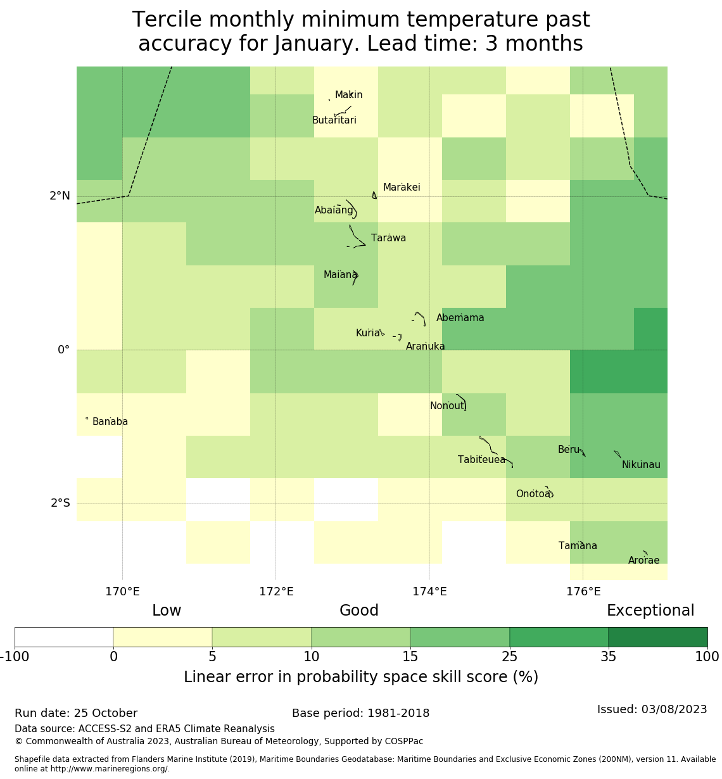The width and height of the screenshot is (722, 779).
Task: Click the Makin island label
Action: pyautogui.click(x=348, y=95)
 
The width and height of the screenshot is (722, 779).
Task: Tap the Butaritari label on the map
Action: pyautogui.click(x=334, y=120)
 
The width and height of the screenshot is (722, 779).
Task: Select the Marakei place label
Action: pyautogui.click(x=402, y=187)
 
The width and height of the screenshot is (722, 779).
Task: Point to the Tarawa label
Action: pyautogui.click(x=388, y=238)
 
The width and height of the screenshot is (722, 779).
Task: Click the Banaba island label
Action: pyautogui.click(x=110, y=422)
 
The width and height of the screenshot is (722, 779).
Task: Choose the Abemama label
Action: pyautogui.click(x=460, y=318)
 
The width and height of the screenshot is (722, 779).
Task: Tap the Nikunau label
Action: pyautogui.click(x=641, y=465)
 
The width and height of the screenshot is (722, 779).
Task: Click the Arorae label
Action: pyautogui.click(x=643, y=560)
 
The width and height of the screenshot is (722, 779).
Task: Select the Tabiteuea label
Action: pyautogui.click(x=481, y=460)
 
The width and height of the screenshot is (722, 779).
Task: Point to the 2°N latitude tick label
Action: pyautogui.click(x=60, y=196)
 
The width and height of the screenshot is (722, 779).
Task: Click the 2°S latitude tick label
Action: pyautogui.click(x=61, y=503)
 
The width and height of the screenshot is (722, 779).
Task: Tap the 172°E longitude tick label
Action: pyautogui.click(x=276, y=592)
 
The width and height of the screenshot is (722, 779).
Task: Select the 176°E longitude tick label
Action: pyautogui.click(x=583, y=592)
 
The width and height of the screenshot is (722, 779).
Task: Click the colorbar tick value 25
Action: pyautogui.click(x=510, y=657)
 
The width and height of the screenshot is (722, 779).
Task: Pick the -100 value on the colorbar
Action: pyautogui.click(x=15, y=657)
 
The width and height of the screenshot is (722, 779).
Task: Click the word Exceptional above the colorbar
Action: pyautogui.click(x=650, y=611)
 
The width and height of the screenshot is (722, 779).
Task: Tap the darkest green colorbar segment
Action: pyautogui.click(x=657, y=637)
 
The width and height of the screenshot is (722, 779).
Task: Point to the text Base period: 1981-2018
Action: pyautogui.click(x=360, y=713)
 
